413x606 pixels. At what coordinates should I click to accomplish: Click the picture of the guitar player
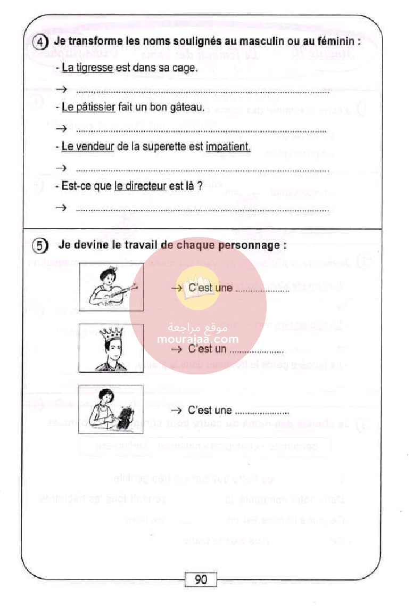point(111,287)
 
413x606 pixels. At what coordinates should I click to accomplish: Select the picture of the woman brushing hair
point(111,410)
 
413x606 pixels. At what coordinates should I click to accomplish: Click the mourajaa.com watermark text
point(198,338)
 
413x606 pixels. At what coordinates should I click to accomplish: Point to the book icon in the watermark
point(197,286)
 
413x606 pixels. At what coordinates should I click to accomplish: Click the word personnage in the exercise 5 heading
point(258,245)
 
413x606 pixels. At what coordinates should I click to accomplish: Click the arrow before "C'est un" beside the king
point(177,350)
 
